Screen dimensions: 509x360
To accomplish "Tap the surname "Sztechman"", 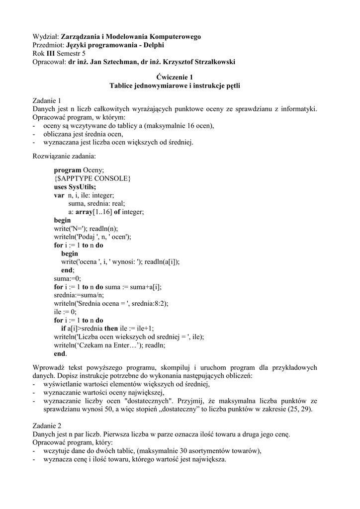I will pos(114,62).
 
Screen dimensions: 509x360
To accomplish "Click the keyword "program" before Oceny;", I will pos(67,170).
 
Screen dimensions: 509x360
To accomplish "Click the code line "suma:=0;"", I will pos(67,278).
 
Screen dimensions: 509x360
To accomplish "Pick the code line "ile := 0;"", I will pos(65,312).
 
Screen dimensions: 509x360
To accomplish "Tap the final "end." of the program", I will pos(60,354).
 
